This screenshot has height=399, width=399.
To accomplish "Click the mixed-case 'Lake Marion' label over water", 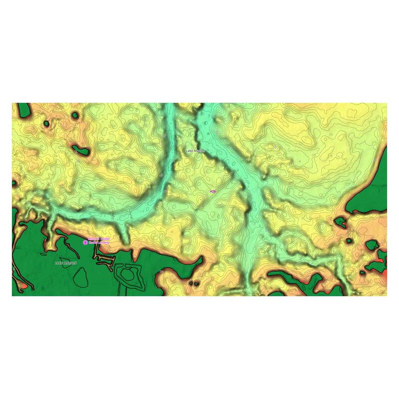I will [x=195, y=150].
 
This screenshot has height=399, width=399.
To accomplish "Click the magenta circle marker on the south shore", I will [x=85, y=242].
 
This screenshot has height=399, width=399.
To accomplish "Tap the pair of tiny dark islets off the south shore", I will [x=194, y=283].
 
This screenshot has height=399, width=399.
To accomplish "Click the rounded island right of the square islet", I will [x=372, y=245].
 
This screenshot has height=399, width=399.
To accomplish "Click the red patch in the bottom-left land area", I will [x=21, y=286].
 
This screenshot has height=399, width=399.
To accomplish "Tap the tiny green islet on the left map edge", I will [x=14, y=183].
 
